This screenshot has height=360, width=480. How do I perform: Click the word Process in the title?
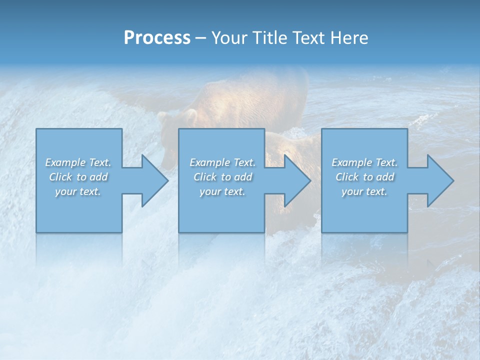(157, 38)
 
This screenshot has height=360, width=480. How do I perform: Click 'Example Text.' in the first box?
(78, 162)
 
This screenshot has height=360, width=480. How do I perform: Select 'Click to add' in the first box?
(78, 177)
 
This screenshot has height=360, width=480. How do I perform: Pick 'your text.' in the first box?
(78, 191)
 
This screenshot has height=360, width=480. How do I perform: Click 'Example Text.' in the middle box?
(222, 162)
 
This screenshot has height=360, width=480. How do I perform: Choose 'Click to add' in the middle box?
(222, 177)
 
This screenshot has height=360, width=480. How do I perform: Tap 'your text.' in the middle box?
(222, 191)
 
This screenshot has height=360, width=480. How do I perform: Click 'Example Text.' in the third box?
(364, 162)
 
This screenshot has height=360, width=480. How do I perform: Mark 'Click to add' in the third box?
(364, 177)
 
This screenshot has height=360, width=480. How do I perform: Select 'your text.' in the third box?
(364, 191)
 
